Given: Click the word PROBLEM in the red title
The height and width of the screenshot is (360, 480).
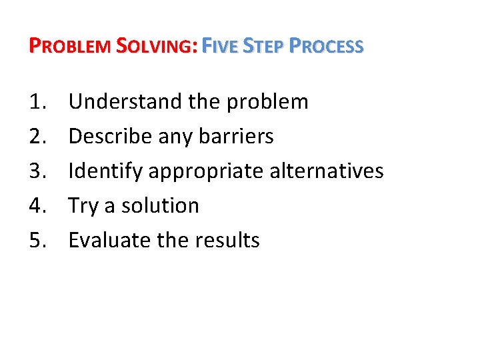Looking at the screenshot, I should (x=70, y=46).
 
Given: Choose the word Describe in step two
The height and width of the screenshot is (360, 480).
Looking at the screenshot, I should (x=110, y=136).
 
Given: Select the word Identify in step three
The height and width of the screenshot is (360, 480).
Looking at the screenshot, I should (x=105, y=171).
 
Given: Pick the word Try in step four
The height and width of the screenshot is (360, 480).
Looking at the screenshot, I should (x=83, y=206).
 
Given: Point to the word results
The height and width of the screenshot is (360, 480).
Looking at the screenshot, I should (x=228, y=240).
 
